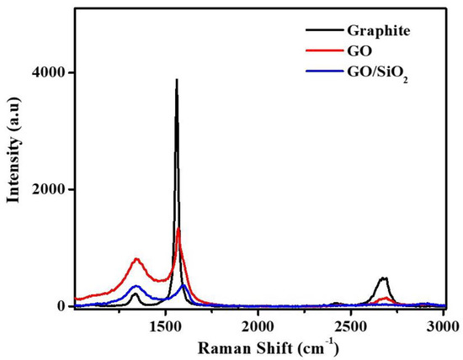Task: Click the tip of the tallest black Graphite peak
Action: (176, 80)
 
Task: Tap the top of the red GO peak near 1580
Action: (178, 230)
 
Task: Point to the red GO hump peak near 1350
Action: (136, 259)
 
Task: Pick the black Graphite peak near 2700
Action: (384, 278)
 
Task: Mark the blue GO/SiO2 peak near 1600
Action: (183, 285)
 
